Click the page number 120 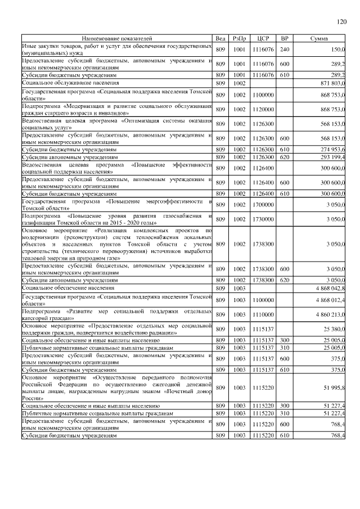point(341,22)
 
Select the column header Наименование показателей point(117,38)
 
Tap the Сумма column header point(319,38)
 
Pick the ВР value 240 point(285,49)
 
